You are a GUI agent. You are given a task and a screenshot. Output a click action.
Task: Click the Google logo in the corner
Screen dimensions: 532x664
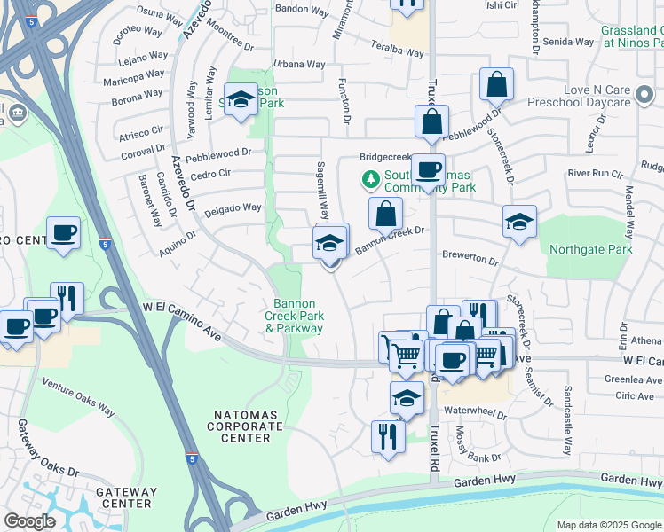pos(30,521)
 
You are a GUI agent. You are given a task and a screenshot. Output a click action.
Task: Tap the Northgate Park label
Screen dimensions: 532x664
pos(590,250)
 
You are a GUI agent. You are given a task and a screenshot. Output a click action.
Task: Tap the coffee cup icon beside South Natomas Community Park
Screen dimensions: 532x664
pos(428,168)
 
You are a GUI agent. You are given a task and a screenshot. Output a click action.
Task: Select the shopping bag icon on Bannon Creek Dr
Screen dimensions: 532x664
pos(385,214)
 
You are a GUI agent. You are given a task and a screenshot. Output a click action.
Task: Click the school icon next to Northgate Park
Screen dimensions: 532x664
pos(519,222)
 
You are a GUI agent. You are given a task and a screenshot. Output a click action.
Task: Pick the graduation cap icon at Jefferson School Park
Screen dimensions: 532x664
pos(240,100)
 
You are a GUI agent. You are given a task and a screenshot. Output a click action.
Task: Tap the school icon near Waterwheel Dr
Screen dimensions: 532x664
pos(407,398)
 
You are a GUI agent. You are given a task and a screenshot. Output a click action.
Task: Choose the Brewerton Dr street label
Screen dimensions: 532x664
pos(470,257)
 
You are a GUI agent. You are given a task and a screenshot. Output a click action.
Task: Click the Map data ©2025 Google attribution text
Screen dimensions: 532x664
pos(610,525)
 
